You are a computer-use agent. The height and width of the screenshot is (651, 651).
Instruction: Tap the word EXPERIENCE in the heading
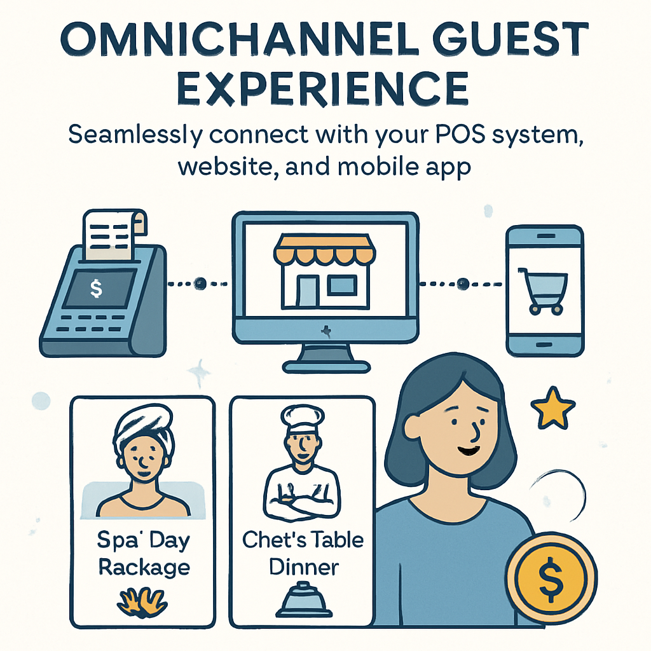pyautogui.click(x=323, y=88)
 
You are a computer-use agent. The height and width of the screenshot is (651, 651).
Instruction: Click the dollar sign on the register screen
pyautogui.click(x=97, y=288)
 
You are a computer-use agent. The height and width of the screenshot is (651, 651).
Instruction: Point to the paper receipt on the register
pyautogui.click(x=114, y=235)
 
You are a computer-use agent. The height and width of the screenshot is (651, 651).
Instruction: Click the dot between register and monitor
pyautogui.click(x=200, y=284)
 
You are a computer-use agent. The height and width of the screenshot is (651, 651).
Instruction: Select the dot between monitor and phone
pyautogui.click(x=463, y=284)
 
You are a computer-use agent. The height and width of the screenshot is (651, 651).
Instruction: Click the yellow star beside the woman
pyautogui.click(x=553, y=409)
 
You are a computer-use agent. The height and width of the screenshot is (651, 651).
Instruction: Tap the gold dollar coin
pyautogui.click(x=551, y=578)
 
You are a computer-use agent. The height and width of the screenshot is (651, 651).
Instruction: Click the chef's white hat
pyautogui.click(x=302, y=418)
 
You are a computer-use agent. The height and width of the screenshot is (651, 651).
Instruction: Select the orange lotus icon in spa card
pyautogui.click(x=142, y=601)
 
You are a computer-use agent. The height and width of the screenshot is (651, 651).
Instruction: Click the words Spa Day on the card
pyautogui.click(x=143, y=540)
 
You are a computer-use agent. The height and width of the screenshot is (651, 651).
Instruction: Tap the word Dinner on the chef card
pyautogui.click(x=303, y=566)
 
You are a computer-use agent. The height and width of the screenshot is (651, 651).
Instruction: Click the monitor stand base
pyautogui.click(x=326, y=367)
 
